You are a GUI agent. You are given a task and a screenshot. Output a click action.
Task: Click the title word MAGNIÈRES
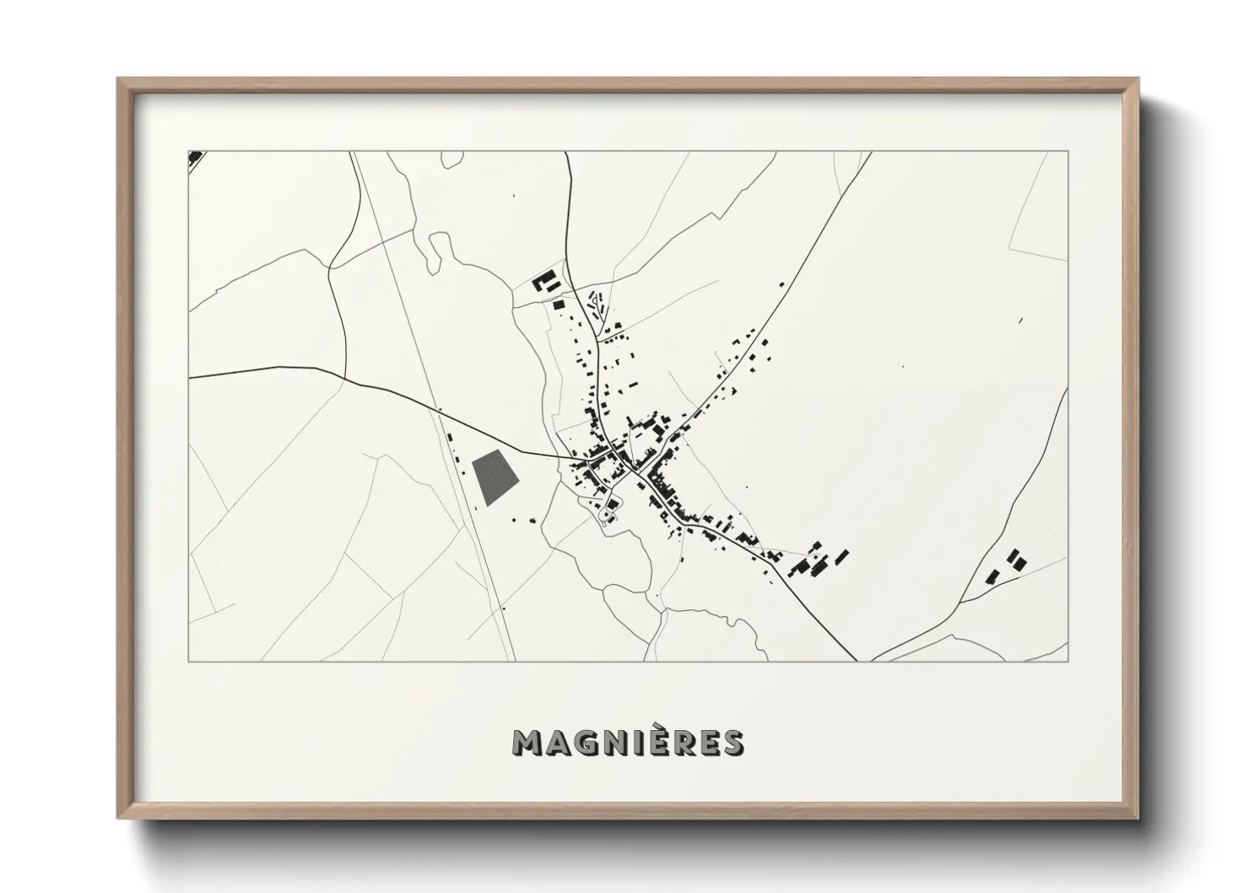(x=628, y=742)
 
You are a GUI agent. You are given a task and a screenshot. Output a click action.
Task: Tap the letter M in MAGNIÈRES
(x=527, y=743)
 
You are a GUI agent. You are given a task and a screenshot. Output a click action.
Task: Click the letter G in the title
(x=585, y=743)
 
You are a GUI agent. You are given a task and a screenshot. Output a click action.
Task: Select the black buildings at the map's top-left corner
(x=195, y=156)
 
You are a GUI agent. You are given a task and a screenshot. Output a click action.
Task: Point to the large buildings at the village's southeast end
(x=817, y=559)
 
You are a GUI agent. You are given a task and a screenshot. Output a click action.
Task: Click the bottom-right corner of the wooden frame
(x=1137, y=817)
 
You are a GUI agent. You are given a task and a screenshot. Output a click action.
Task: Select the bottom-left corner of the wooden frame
(x=119, y=817)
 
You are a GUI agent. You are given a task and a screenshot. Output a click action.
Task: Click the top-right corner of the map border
(x=1068, y=152)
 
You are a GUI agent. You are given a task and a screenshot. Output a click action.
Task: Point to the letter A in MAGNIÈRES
(x=557, y=743)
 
